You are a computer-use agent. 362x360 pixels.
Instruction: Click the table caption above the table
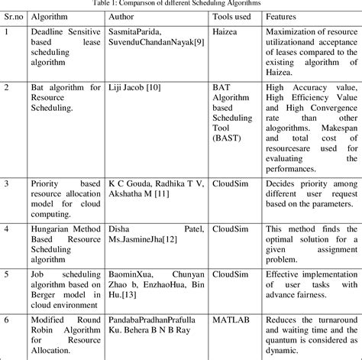point(182,4)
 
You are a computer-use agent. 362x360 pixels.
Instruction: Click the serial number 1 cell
point(7,33)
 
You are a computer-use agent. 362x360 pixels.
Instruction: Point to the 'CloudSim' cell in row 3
point(229,183)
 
